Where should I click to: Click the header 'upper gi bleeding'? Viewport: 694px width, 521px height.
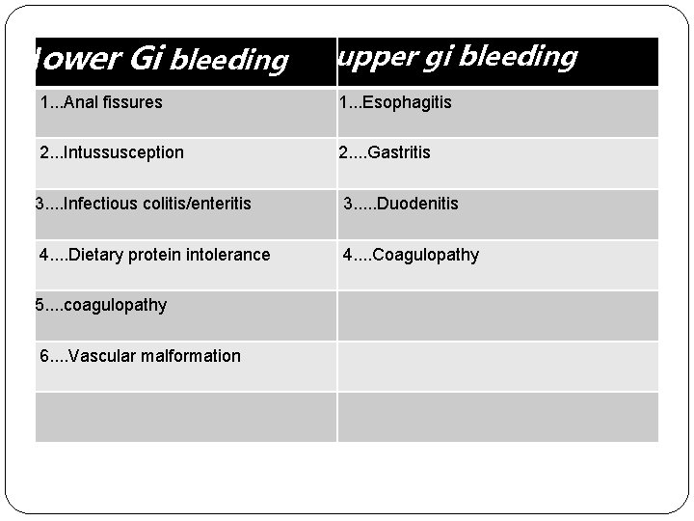coord(457,57)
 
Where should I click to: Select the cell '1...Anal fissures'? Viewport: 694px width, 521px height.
coord(101,102)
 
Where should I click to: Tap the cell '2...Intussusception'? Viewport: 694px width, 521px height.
coord(112,152)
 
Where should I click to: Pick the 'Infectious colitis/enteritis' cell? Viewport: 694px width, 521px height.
coord(143,204)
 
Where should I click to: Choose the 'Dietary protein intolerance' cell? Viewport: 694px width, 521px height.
coord(154,255)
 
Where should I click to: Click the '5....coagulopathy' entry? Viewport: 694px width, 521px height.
coord(100,305)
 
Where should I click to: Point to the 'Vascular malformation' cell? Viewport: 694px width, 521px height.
coord(141,356)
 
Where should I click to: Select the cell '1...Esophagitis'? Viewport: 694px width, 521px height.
coord(395,102)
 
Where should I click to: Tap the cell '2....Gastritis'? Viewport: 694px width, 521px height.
coord(385,152)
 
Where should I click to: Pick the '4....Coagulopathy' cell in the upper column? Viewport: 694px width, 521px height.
coord(412,255)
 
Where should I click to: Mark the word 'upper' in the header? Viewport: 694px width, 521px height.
coord(366,58)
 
